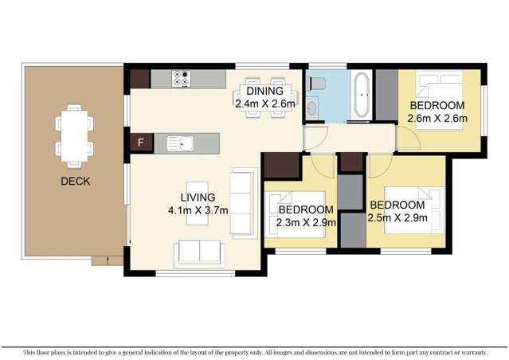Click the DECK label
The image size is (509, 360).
[x=75, y=182]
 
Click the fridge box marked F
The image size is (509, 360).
[x=141, y=143]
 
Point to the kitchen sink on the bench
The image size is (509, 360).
[x=180, y=143]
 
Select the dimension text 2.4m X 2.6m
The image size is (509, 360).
[x=265, y=104]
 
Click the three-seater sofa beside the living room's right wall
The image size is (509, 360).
[x=245, y=202]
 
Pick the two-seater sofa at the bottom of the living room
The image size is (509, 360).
[x=201, y=252]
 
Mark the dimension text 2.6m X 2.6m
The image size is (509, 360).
[x=437, y=119]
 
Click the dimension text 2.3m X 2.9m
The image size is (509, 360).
[x=307, y=223]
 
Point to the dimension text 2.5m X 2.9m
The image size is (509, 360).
[x=397, y=217]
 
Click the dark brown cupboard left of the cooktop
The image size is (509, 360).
[x=139, y=79]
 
